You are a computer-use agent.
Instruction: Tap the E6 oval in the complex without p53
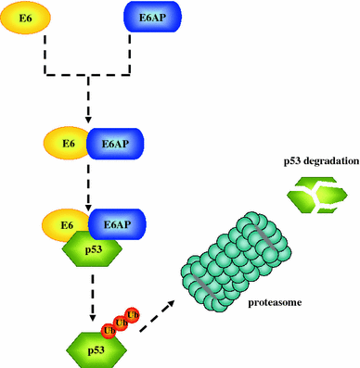point(67,144)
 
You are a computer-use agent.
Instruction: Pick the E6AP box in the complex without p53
point(112,144)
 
